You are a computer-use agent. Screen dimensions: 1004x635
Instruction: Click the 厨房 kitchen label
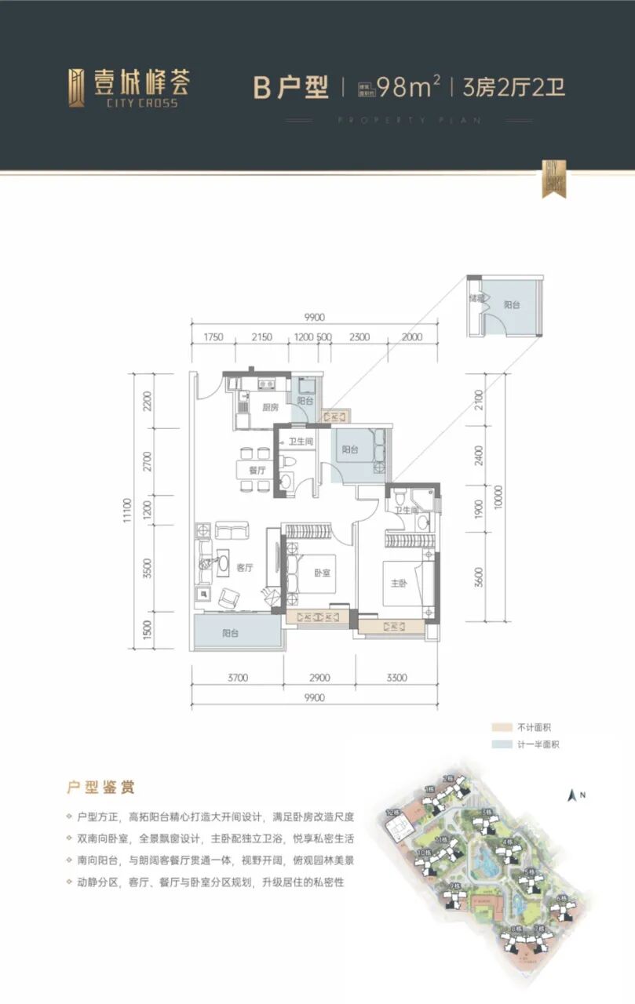[x=249, y=408]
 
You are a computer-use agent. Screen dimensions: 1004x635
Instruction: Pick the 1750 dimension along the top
[x=213, y=337]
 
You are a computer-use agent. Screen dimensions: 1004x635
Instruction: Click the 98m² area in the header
[x=407, y=86]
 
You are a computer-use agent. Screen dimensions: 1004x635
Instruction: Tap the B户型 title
[x=290, y=87]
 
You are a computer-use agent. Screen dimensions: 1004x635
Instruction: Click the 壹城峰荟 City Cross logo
[x=128, y=86]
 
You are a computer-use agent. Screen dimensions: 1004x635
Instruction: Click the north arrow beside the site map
[x=571, y=795]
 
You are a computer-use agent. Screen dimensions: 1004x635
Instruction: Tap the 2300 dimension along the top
[x=359, y=337]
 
